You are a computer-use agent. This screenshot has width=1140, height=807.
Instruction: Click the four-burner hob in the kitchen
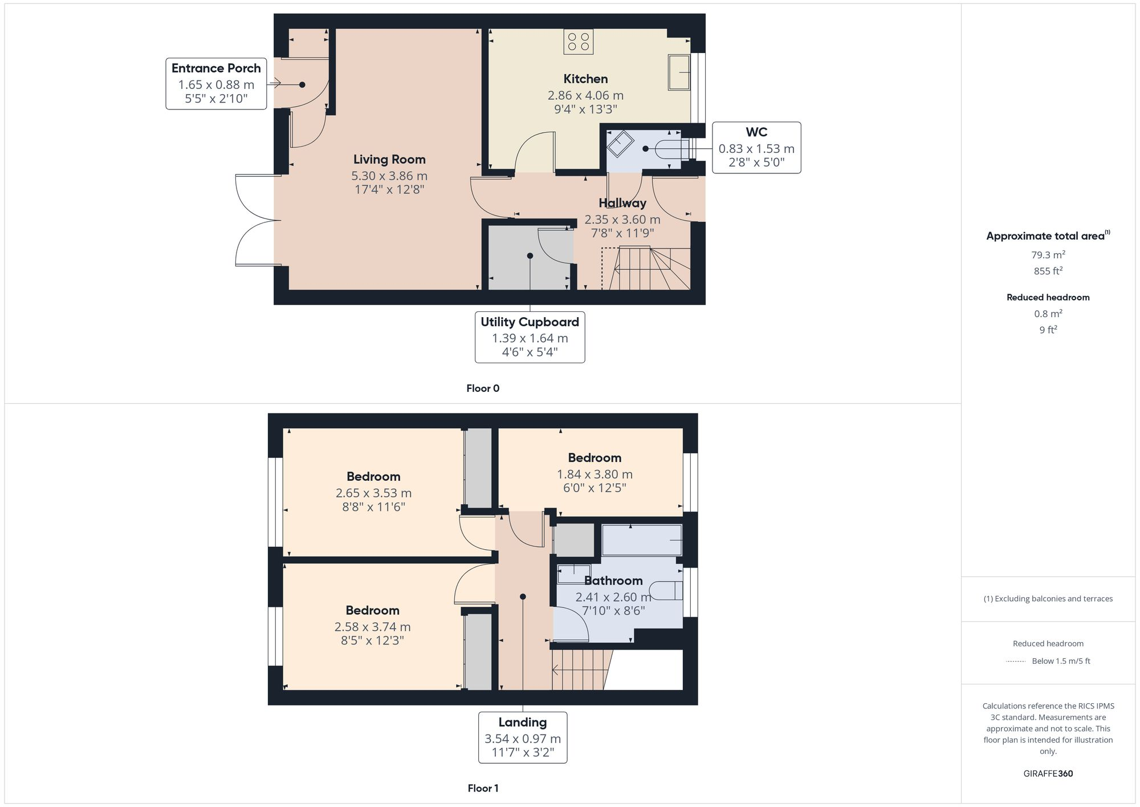578,42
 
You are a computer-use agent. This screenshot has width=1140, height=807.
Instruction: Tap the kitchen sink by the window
679,72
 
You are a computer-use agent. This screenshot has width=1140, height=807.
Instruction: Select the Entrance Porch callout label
216,83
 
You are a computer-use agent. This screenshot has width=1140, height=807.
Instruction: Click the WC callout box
756,148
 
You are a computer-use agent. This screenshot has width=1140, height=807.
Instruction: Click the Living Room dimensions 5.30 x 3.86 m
389,176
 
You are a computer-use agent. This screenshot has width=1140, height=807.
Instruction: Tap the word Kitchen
585,79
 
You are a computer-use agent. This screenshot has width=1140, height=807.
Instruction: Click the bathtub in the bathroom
642,540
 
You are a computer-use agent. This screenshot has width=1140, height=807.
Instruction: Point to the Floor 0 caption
483,388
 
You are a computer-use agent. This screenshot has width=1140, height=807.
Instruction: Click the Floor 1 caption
483,788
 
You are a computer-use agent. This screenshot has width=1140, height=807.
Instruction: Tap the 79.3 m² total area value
1048,255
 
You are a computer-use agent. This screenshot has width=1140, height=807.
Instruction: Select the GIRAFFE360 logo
1048,774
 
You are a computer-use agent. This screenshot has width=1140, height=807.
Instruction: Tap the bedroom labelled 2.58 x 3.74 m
372,627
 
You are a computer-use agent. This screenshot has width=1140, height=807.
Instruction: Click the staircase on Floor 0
647,269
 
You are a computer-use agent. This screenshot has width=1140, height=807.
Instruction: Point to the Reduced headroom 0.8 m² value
1048,314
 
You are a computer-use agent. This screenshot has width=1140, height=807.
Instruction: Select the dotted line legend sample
1016,662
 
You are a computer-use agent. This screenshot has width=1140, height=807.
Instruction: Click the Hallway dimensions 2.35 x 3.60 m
622,220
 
